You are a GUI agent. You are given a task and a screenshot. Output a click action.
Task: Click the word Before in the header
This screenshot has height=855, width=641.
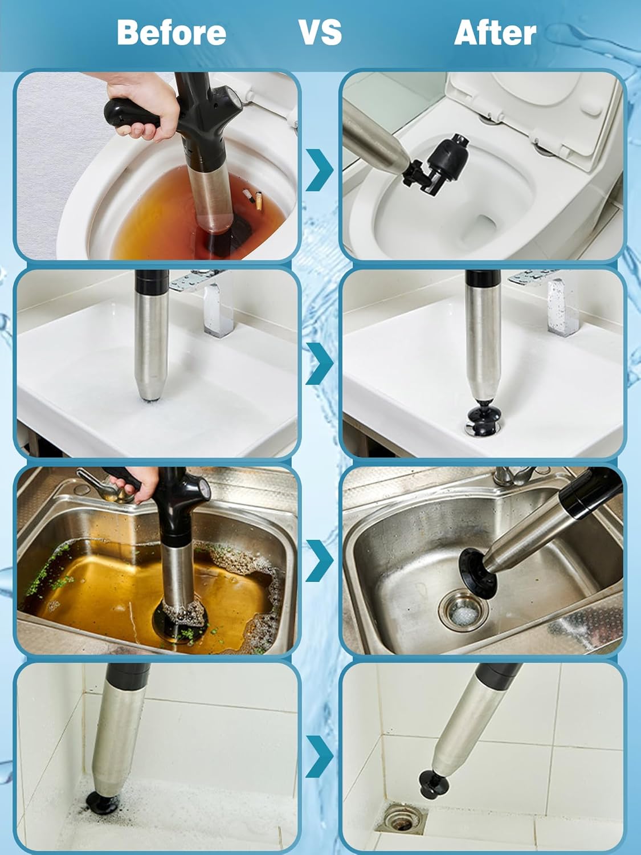[x=171, y=32]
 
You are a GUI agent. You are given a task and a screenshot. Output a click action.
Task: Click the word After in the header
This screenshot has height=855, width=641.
[x=495, y=32]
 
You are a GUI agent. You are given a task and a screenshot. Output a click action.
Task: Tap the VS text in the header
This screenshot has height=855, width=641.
[x=320, y=32]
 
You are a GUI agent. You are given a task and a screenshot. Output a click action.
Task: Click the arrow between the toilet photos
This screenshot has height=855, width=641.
[x=320, y=169]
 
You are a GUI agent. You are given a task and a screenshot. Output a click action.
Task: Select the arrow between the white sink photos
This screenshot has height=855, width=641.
[x=320, y=363]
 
